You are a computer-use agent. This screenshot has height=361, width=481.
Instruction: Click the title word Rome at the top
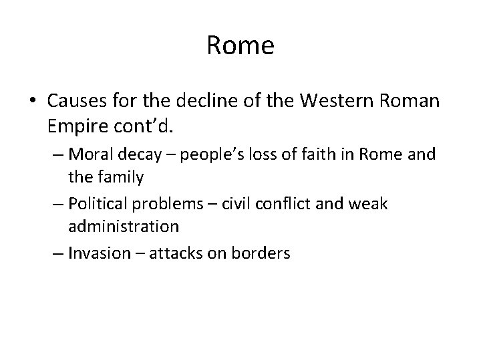click(x=240, y=45)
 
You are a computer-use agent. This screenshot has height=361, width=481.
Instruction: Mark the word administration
click(x=124, y=227)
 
